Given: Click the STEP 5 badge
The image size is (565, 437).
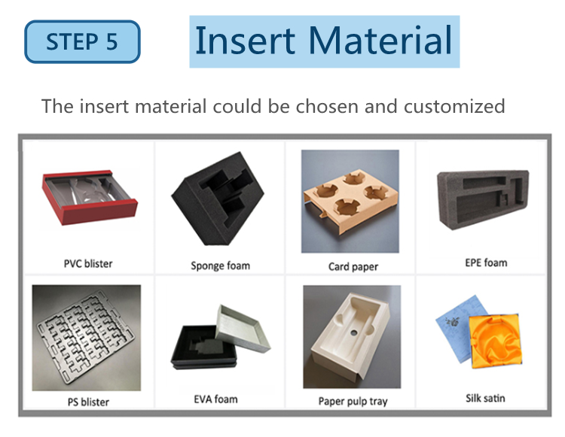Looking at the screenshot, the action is click(82, 41).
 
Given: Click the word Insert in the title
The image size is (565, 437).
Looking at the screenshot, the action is click(245, 41).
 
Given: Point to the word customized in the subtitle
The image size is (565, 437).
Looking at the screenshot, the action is click(454, 106).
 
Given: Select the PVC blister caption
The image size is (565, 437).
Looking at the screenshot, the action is click(88, 264).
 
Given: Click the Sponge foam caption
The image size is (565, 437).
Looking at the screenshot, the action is click(221, 266).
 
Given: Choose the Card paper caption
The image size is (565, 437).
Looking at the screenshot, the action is click(353, 266).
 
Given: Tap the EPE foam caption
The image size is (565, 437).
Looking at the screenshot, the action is click(486, 263).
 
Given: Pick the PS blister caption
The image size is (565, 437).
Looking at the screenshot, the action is click(88, 402).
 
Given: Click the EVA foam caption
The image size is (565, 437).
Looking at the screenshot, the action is click(216, 399).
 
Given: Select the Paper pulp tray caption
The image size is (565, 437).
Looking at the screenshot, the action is click(353, 401).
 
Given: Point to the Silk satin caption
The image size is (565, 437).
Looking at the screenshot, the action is click(485, 398).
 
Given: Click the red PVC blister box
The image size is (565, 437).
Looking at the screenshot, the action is click(90, 197).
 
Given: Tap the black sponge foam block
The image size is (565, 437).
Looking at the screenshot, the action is click(218, 199).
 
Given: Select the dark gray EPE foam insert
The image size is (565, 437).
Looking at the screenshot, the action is click(483, 199).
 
